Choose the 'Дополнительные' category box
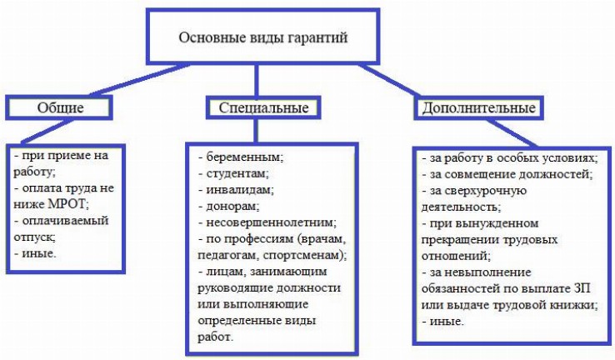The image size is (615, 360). [x=478, y=107]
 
